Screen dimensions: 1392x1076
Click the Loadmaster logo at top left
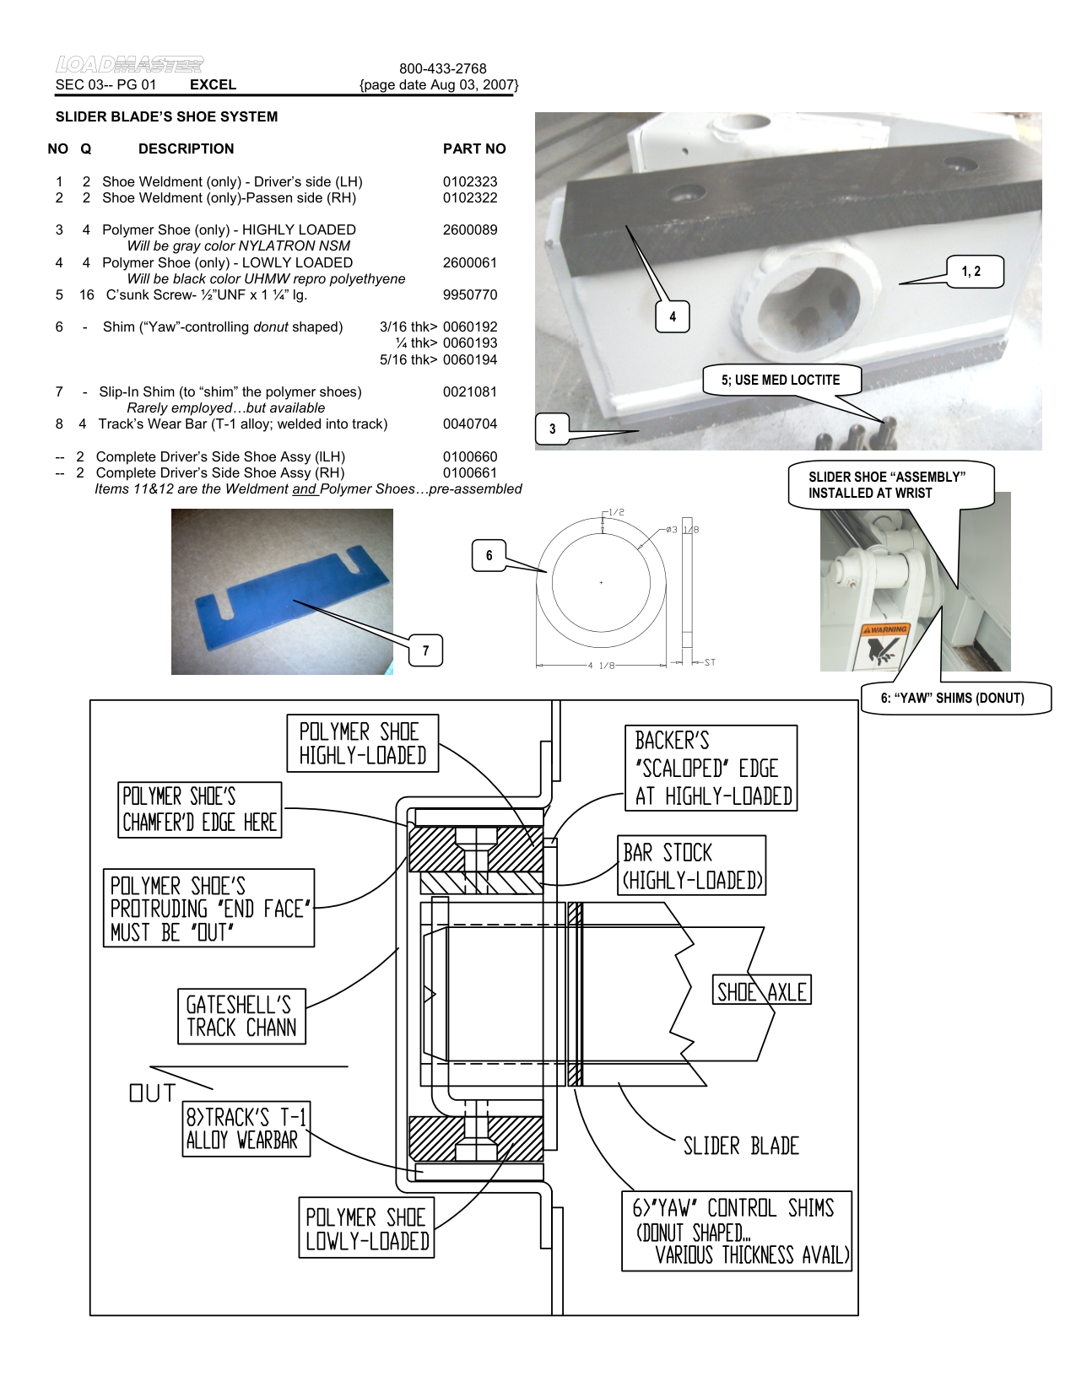pos(129,64)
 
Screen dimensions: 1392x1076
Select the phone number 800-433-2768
pos(442,68)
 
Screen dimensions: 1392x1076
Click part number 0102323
pos(469,181)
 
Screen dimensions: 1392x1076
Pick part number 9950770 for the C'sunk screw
pos(469,294)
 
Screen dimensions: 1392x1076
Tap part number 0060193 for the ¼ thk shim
pos(469,343)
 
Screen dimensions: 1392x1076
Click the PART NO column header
pos(473,148)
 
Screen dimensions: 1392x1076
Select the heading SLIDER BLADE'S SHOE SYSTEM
pos(166,116)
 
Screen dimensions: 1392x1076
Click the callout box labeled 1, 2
pos(971,272)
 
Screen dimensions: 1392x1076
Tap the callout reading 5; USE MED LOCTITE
pos(780,380)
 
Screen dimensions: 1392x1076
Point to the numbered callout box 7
pos(425,650)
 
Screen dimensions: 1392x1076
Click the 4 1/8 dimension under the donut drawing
pos(601,666)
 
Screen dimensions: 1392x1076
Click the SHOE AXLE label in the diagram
pos(761,992)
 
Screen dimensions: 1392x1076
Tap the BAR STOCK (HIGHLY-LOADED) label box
pos(692,866)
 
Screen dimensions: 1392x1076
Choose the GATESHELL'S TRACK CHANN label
pos(241,1017)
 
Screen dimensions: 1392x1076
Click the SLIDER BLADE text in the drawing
pos(740,1146)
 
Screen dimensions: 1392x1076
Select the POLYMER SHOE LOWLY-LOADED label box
pos(366,1228)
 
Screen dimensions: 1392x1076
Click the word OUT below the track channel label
pos(152,1093)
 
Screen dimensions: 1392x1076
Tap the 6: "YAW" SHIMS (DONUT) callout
pos(953,698)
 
